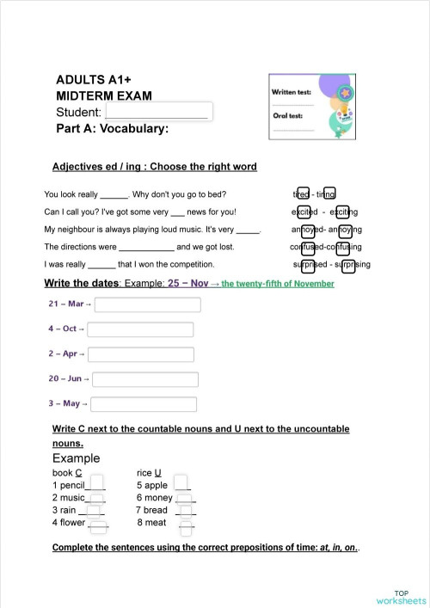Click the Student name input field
[158, 112]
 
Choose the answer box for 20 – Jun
[145, 379]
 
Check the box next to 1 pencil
[97, 484]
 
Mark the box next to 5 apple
[181, 484]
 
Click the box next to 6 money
[186, 497]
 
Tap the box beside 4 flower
[98, 522]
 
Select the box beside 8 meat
[187, 522]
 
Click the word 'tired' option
[303, 194]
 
